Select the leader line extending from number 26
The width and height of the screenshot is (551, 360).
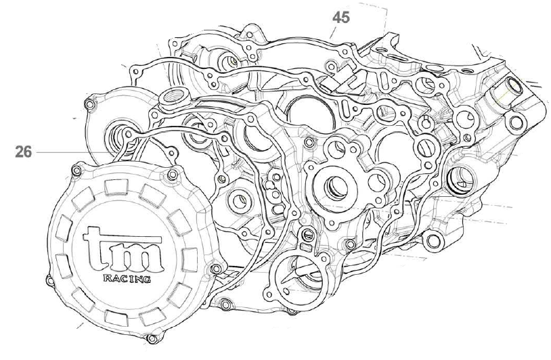pyautogui.click(x=74, y=152)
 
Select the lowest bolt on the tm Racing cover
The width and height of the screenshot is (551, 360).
pyautogui.click(x=153, y=337)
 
